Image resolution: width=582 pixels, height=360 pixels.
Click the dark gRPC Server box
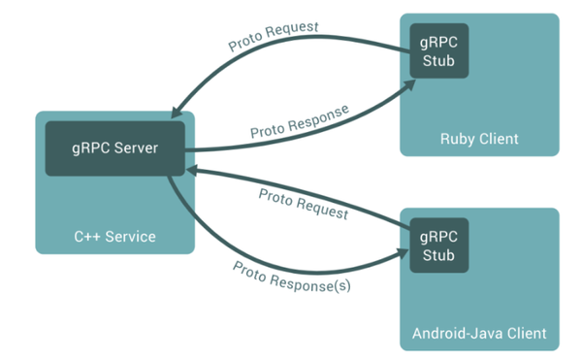tap(114, 148)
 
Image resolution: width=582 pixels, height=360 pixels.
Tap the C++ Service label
tap(115, 236)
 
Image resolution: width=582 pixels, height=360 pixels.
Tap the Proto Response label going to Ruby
tap(299, 118)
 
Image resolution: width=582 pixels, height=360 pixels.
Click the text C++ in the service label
tap(89, 236)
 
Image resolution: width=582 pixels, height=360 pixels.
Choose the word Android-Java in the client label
tap(452, 334)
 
